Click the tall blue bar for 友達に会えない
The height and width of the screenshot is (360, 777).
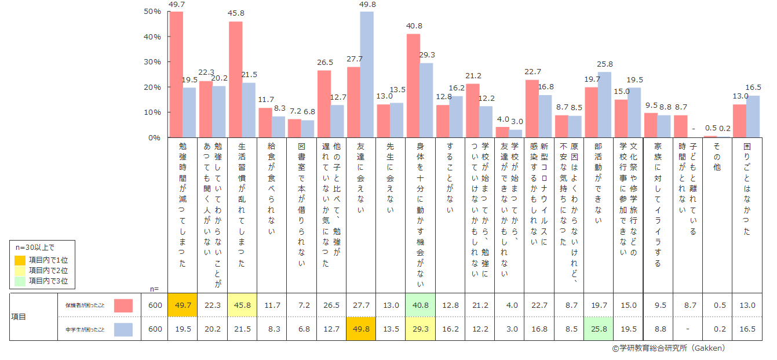point(367,74)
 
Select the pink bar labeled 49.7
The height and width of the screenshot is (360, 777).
point(176,74)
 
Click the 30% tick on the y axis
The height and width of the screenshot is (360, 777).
point(152,62)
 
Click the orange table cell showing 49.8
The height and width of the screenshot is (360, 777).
point(360,329)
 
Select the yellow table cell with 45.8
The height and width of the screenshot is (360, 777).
point(242,305)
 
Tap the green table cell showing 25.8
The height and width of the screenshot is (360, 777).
point(598,329)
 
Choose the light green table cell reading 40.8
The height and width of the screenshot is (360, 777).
point(419,305)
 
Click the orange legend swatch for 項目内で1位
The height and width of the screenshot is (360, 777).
point(20,260)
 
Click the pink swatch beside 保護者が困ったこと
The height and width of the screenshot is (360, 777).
point(123,306)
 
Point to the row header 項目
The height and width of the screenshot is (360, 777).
point(19,317)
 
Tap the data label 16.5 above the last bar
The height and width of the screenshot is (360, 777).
point(753,87)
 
